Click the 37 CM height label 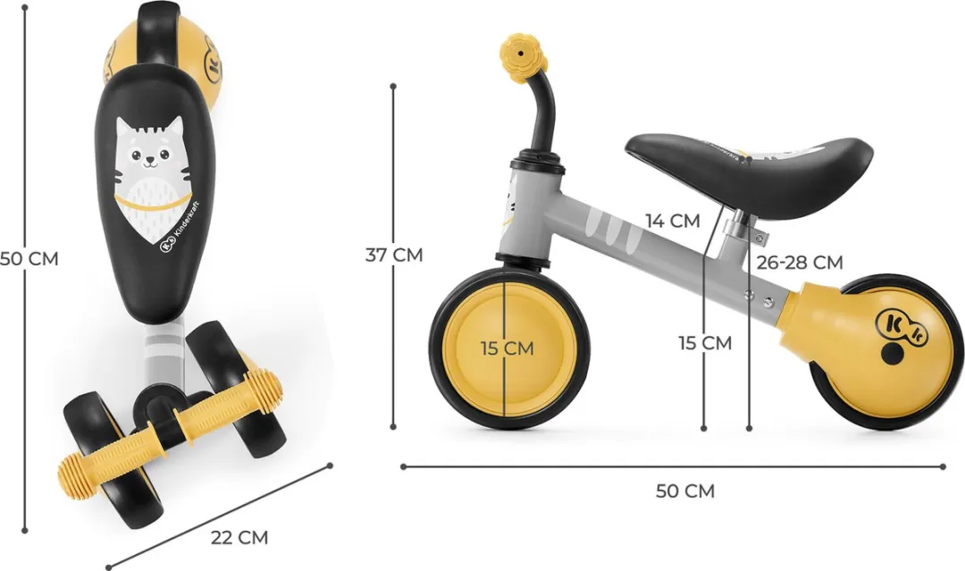(x=394, y=254)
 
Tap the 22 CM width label (x=240, y=537)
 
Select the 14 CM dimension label (x=673, y=221)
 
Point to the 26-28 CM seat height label (x=800, y=262)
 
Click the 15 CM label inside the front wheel (x=508, y=348)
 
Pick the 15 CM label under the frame (x=705, y=343)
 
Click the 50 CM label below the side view (x=685, y=491)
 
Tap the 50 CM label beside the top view (x=29, y=258)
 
